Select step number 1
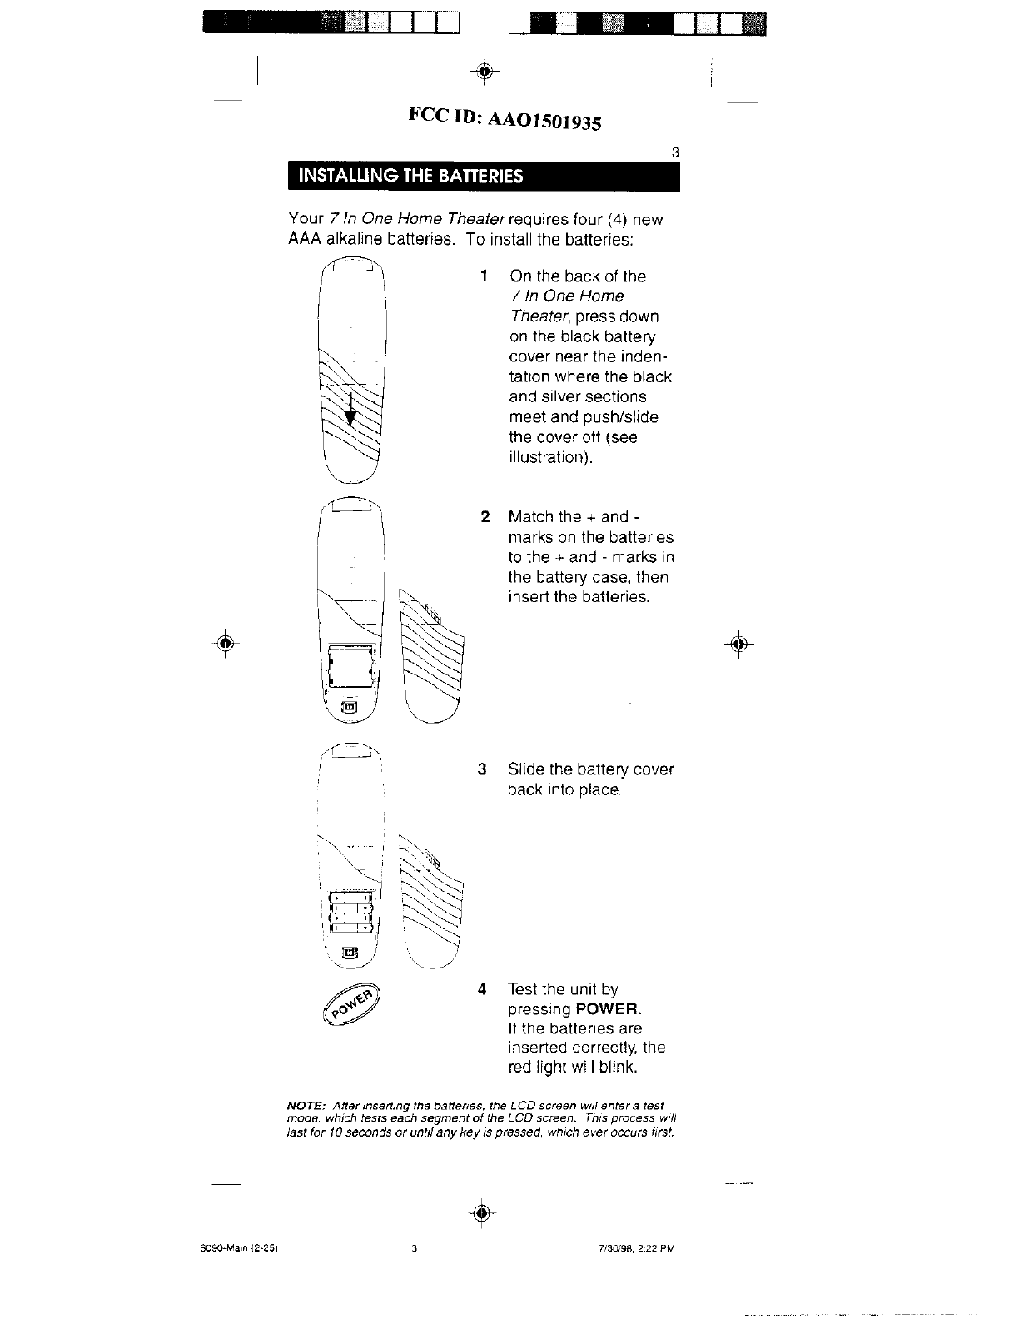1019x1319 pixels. point(484,276)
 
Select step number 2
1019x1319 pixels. point(485,517)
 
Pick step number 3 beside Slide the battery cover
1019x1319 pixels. point(482,769)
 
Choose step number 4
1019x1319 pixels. point(482,989)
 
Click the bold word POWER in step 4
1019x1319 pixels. point(609,1009)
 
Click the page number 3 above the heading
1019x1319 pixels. point(674,153)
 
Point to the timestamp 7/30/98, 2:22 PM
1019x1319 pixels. point(630,1248)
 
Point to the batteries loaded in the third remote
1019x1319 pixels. point(351,913)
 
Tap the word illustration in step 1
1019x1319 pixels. point(549,457)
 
